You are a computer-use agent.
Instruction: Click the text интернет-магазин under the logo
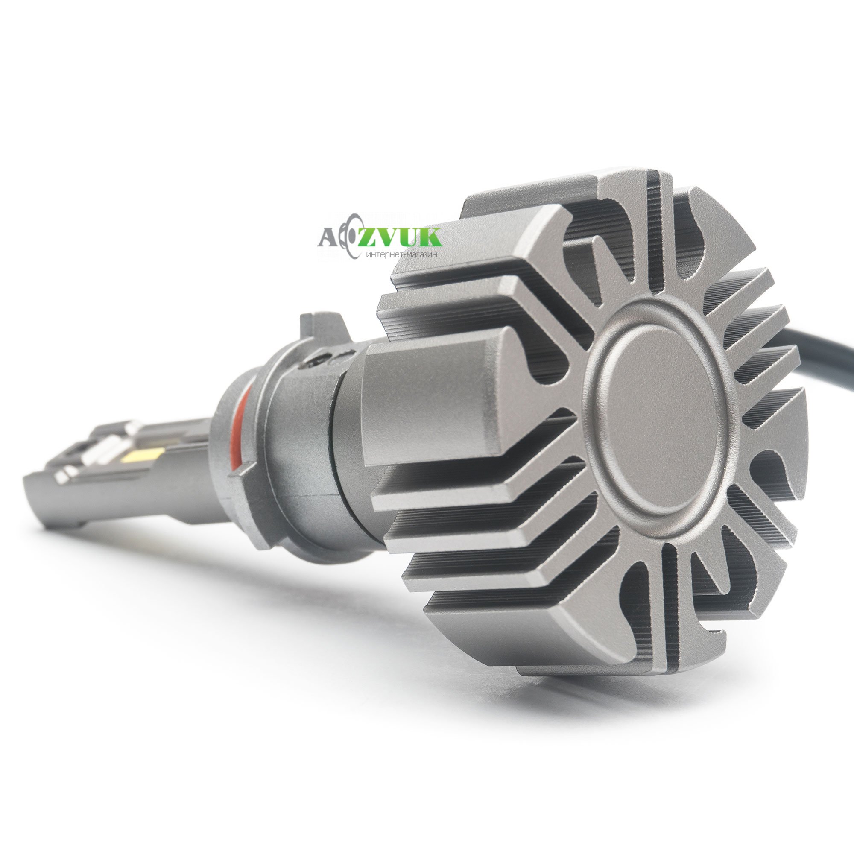(x=401, y=255)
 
